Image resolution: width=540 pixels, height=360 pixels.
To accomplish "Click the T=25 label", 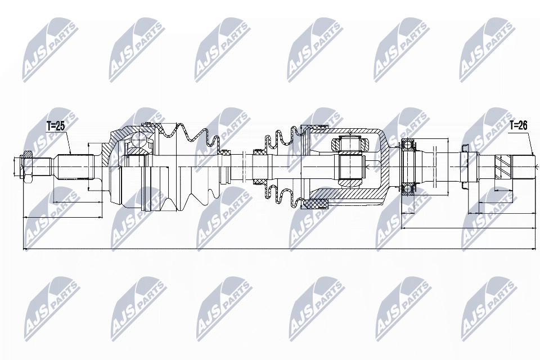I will point(56,127).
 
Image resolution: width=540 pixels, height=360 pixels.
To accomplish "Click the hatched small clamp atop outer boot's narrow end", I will point(226,152).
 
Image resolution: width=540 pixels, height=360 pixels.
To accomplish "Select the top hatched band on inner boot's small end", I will point(259,152).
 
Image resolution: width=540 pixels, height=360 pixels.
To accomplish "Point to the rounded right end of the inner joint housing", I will point(384,166).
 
